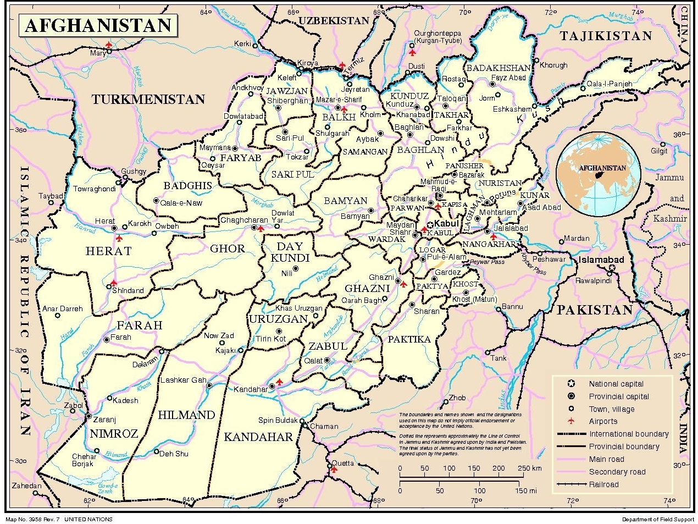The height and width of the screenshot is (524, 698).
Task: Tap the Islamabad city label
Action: coord(601,260)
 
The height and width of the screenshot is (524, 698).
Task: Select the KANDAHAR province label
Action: coord(258,437)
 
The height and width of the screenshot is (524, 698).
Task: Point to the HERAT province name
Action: coord(109,251)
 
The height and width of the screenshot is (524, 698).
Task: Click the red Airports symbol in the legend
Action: coord(571,421)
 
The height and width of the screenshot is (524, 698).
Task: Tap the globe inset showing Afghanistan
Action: coord(598,172)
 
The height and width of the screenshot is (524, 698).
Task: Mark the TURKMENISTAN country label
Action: coord(148,100)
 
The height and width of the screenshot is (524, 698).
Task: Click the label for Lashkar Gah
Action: coord(183,380)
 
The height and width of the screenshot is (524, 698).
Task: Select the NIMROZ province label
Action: coord(114,433)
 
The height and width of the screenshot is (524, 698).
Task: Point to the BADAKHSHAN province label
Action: coord(498,68)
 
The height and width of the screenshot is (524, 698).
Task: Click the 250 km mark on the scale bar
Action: coord(529,468)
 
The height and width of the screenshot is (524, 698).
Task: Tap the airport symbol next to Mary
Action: coord(109,45)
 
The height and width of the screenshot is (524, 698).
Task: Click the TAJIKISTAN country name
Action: coord(606,36)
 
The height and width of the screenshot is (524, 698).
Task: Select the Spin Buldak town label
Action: coord(278,421)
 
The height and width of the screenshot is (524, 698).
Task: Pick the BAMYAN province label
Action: coord(345,201)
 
